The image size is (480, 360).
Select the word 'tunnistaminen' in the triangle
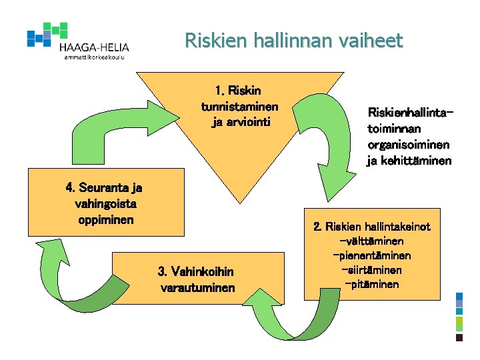pyautogui.click(x=239, y=107)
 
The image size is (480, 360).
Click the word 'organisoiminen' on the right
pyautogui.click(x=408, y=145)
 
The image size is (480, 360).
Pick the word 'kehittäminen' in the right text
pyautogui.click(x=416, y=161)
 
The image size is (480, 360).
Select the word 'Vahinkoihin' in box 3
pyautogui.click(x=205, y=271)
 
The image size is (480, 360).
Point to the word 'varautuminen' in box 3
pyautogui.click(x=198, y=288)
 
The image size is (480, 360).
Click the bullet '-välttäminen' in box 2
pyautogui.click(x=371, y=241)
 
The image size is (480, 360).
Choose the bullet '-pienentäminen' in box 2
pyautogui.click(x=371, y=256)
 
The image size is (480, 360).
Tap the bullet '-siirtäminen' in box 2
pyautogui.click(x=371, y=271)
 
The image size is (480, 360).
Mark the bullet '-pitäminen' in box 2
pyautogui.click(x=371, y=285)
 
